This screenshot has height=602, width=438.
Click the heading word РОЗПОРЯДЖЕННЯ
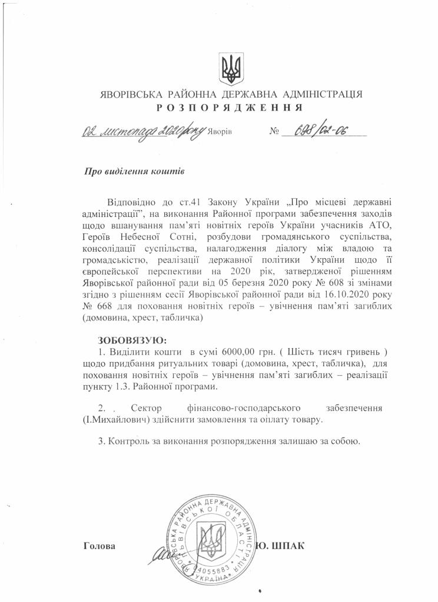[x=230, y=108]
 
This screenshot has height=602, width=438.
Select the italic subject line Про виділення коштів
[x=135, y=172]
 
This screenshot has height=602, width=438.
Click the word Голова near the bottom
[x=99, y=546]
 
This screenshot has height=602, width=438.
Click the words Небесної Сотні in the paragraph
[x=154, y=237]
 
